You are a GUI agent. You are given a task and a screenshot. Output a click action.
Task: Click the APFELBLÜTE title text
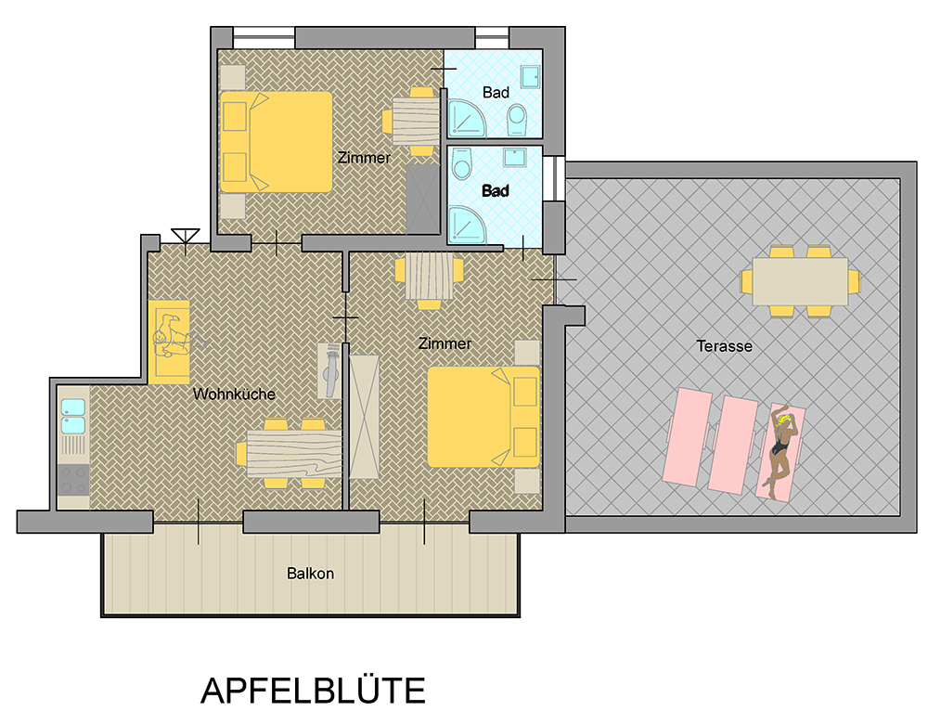click(313, 690)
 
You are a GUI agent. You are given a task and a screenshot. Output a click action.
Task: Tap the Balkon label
click(310, 574)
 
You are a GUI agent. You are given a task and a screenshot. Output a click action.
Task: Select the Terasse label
click(724, 346)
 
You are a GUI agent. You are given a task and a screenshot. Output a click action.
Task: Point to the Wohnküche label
click(235, 394)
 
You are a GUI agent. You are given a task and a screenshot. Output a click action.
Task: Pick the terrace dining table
click(800, 281)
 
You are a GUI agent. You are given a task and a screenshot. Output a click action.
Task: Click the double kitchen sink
click(72, 416)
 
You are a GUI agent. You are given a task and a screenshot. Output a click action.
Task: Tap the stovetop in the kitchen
click(73, 480)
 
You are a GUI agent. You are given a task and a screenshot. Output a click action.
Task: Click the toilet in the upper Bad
click(517, 120)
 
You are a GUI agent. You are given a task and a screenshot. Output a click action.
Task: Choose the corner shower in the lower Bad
click(467, 225)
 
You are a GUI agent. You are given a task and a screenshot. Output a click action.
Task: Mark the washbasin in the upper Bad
click(530, 76)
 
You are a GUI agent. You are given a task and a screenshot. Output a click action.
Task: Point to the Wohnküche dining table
click(294, 454)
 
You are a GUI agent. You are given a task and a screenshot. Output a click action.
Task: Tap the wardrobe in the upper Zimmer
click(422, 200)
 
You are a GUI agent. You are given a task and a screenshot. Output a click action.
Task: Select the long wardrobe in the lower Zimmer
click(364, 417)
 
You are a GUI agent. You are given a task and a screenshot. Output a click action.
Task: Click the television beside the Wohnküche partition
click(329, 370)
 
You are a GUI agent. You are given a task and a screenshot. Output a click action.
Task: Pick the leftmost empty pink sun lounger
click(688, 437)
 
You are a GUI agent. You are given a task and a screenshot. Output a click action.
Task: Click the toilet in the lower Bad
click(461, 162)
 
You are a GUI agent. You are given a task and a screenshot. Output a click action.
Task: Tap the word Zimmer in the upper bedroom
click(364, 158)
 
